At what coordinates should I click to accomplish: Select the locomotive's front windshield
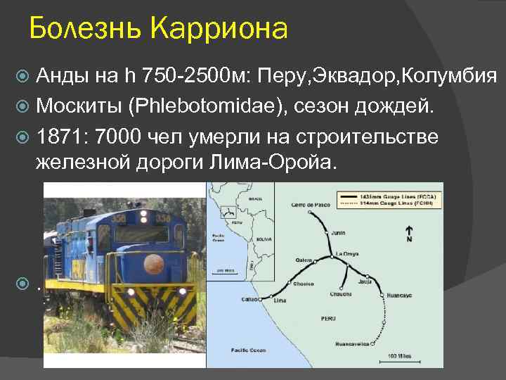[x=141, y=234]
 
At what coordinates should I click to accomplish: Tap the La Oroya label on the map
[x=348, y=253]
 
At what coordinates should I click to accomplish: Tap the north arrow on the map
[x=408, y=233]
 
